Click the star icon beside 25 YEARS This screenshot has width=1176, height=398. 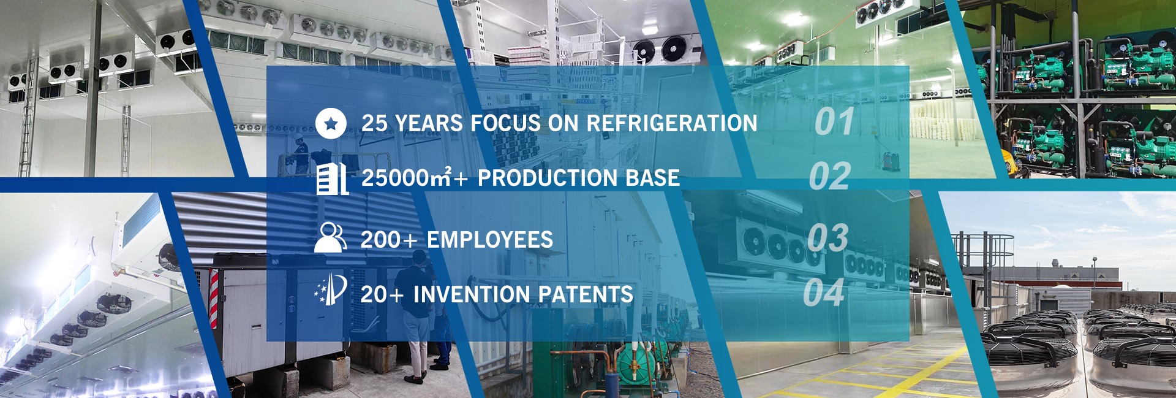(x=331, y=123)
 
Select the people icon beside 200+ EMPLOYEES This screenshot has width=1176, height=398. (x=331, y=237)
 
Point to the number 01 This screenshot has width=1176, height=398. (x=834, y=121)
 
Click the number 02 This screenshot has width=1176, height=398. (x=830, y=177)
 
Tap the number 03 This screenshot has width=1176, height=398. (x=827, y=237)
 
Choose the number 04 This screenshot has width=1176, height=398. (x=824, y=293)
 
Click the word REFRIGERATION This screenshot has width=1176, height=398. (x=672, y=123)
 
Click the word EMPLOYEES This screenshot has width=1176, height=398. (x=490, y=239)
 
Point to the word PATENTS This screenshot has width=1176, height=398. (x=579, y=294)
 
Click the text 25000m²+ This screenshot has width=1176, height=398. (x=415, y=178)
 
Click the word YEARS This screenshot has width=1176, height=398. (x=429, y=123)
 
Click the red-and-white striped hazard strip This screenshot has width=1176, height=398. (x=214, y=300)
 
